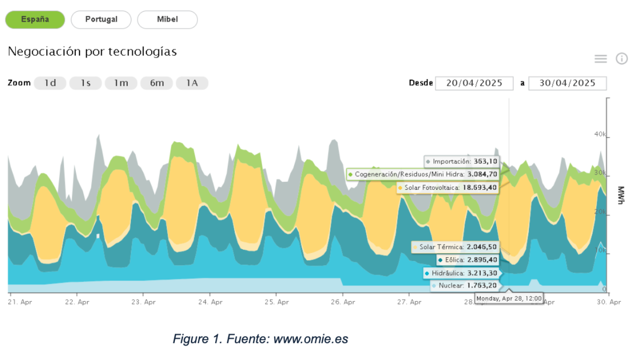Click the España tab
(x=35, y=20)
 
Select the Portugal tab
(x=101, y=20)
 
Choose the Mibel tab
(x=167, y=20)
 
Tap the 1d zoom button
(x=50, y=83)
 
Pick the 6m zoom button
(x=156, y=83)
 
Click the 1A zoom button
(x=192, y=83)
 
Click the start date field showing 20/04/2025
(x=474, y=83)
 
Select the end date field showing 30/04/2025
(x=568, y=83)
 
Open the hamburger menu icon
(x=600, y=59)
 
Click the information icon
(x=622, y=58)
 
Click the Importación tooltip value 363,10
(x=485, y=161)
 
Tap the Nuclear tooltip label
(x=451, y=285)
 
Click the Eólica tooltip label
(x=454, y=260)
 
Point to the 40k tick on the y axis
(x=599, y=135)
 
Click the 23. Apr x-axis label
(x=144, y=302)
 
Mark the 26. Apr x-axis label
(x=342, y=302)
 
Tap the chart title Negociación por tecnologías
(x=92, y=52)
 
